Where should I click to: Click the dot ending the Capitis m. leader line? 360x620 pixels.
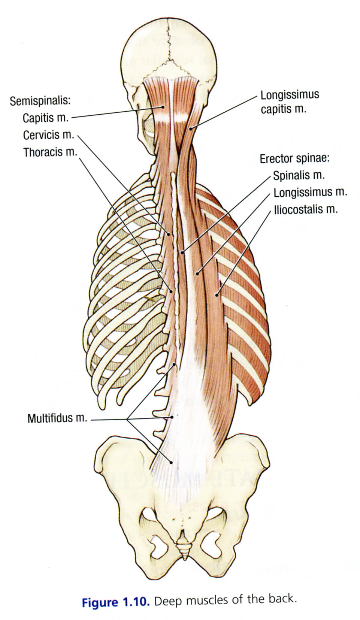click(163, 107)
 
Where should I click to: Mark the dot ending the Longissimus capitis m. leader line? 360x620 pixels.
click(190, 128)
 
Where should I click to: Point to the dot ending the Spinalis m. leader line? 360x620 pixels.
click(182, 252)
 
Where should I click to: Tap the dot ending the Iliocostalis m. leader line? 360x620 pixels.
click(217, 295)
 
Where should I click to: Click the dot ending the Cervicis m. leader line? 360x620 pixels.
click(169, 234)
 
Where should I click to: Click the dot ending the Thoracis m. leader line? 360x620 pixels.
click(171, 291)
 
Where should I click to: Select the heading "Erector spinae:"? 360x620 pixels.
click(295, 159)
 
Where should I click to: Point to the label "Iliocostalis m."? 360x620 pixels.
click(306, 209)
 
